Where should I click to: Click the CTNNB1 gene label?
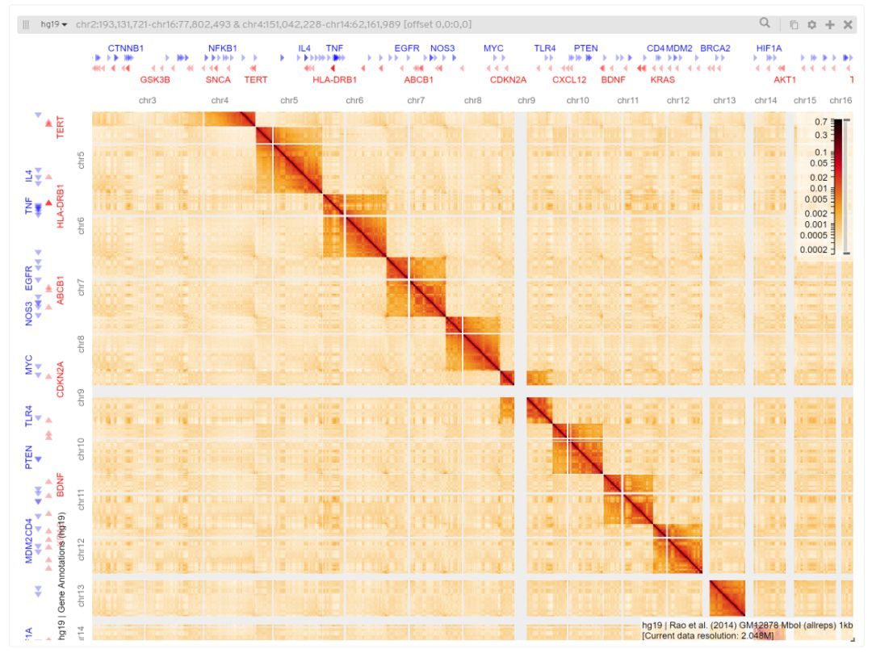pos(125,48)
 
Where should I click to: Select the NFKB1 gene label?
pos(223,48)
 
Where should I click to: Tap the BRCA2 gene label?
pos(715,48)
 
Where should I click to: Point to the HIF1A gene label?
pos(769,48)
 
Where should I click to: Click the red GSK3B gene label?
pos(155,80)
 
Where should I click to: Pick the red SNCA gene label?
pos(218,80)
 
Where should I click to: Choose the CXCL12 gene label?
pos(569,80)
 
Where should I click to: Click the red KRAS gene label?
pos(662,80)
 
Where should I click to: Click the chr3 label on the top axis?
pos(148,101)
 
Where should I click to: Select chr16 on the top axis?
pos(841,101)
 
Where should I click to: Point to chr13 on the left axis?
pos(80,598)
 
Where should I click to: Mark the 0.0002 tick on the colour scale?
pos(815,250)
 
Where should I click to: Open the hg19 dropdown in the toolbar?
pos(54,25)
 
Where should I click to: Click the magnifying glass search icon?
pos(764,24)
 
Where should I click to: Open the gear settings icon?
pos(811,25)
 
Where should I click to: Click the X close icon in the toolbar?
pos(848,25)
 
